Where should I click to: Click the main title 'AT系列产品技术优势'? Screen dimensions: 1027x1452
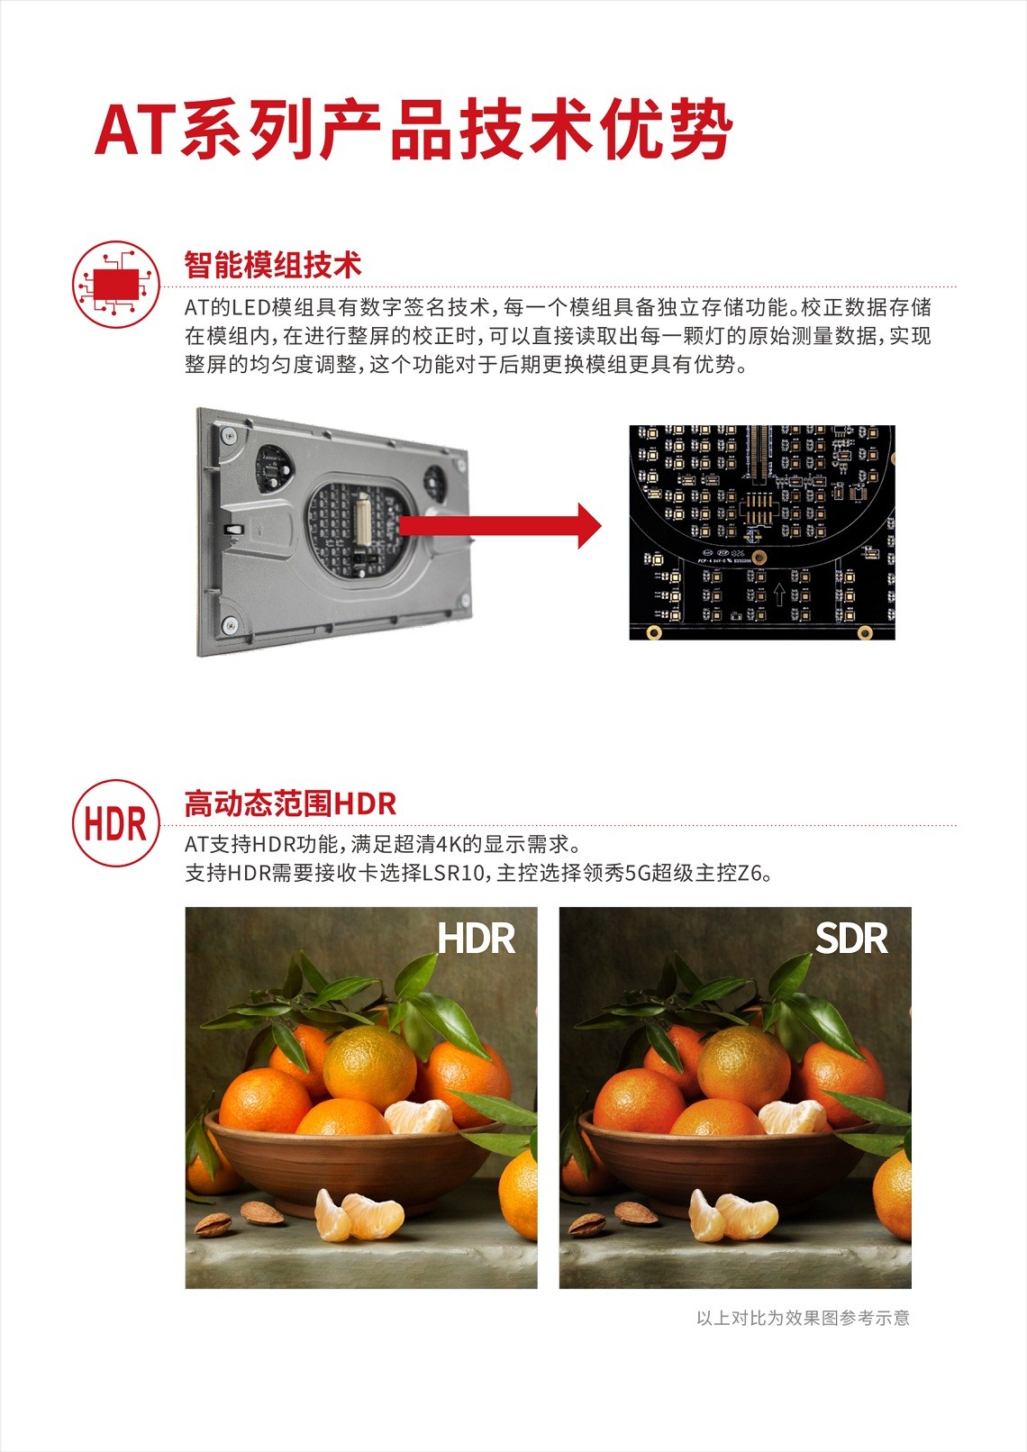[414, 129]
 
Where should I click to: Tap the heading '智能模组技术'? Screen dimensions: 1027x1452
[272, 265]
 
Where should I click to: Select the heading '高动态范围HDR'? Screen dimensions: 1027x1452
[290, 803]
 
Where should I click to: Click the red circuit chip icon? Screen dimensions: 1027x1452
[115, 284]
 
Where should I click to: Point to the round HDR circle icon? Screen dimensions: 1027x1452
[115, 822]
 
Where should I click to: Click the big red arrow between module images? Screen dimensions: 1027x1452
[500, 526]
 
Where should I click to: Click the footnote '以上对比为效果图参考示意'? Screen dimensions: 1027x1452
[803, 1318]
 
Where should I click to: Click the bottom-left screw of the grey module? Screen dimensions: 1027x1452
[230, 625]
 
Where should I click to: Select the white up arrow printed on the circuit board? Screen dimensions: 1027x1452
[779, 593]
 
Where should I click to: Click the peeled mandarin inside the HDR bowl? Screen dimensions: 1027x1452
[418, 1116]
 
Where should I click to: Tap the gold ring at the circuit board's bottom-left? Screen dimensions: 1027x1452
[653, 632]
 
